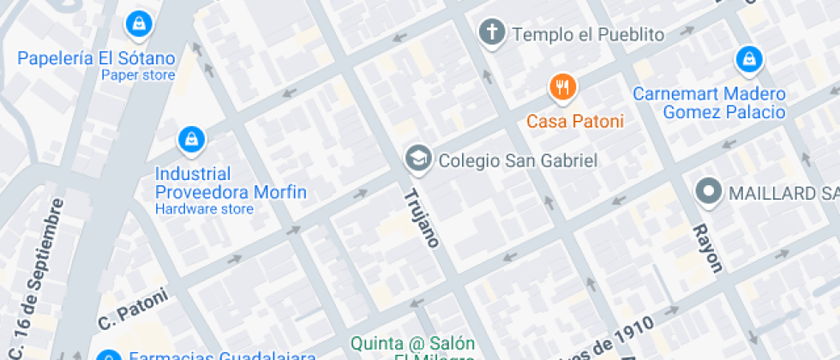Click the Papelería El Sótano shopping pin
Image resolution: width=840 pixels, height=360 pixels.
pos(137,24)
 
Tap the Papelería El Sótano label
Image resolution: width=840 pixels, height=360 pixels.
pos(96,58)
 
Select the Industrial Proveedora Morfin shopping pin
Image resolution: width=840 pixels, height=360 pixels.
pos(189,138)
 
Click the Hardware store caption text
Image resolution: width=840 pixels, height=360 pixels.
pos(204,209)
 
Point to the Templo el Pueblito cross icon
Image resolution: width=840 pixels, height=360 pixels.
pos(491,33)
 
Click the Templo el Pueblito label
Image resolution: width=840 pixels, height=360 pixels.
pos(588,34)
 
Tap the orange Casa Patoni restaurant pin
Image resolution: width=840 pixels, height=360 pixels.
pos(562,86)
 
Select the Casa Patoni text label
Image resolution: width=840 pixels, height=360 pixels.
pos(574,121)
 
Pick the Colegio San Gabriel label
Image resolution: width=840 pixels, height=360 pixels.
pos(506,159)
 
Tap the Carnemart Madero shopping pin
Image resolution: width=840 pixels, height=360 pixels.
pos(749,59)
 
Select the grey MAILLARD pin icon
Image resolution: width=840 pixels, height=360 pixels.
pos(709,192)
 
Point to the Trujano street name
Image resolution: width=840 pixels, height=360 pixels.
pos(421,218)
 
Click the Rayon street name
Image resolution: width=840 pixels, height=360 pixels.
pos(707,248)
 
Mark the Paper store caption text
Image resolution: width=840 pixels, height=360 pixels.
pos(138,75)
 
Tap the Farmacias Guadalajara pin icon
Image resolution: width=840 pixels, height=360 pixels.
pos(108,356)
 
